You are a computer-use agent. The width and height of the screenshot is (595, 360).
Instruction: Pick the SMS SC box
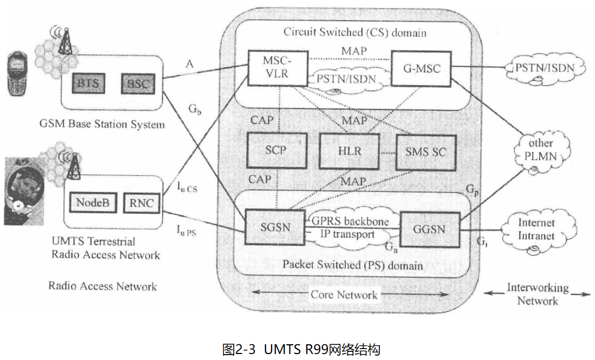tap(425, 151)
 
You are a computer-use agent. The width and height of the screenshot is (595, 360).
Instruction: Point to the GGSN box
tap(429, 229)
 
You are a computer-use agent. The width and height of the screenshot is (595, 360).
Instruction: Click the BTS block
tap(88, 84)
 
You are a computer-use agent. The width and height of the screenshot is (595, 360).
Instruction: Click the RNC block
tap(142, 203)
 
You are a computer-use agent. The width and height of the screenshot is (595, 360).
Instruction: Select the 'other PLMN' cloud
tap(541, 150)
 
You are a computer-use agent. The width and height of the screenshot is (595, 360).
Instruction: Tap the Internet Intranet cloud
tap(536, 230)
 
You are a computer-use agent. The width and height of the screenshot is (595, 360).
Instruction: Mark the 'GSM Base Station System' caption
tap(102, 124)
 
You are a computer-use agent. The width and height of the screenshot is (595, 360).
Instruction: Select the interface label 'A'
tap(189, 65)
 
